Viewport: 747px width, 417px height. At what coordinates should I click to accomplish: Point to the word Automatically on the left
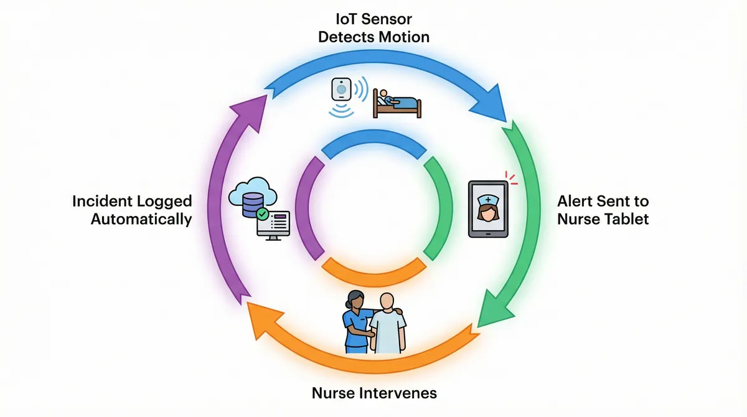pyautogui.click(x=141, y=219)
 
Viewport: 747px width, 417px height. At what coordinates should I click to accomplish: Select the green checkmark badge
pyautogui.click(x=262, y=214)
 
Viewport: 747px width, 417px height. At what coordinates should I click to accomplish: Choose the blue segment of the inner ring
pyautogui.click(x=374, y=145)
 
